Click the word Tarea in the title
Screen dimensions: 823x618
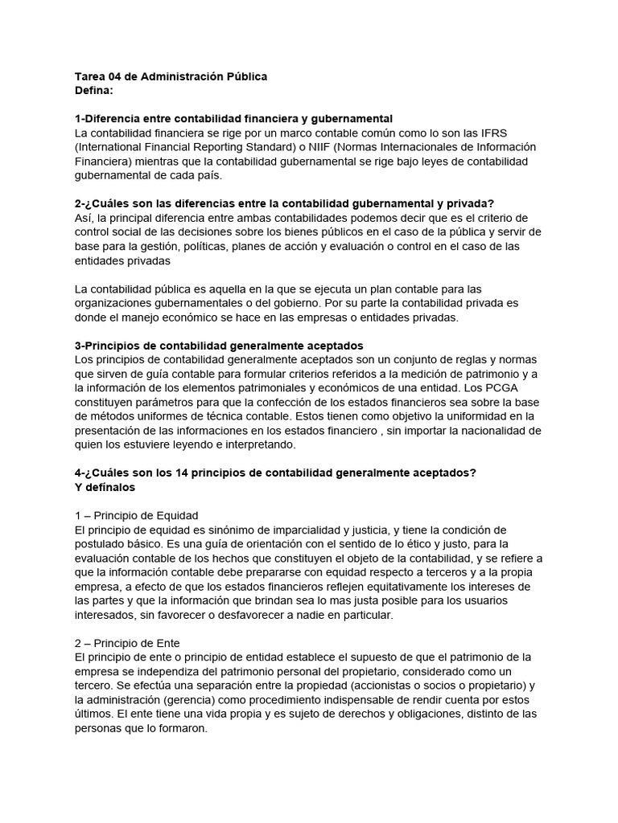tap(90, 76)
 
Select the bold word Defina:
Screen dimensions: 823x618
tap(95, 91)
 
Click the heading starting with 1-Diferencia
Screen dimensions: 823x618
tap(233, 119)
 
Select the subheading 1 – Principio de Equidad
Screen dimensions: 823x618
tap(136, 515)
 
